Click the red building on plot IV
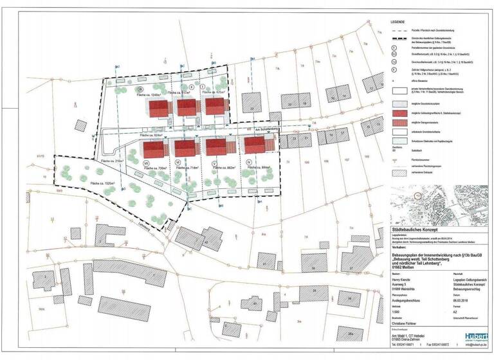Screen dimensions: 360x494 tap(255, 145)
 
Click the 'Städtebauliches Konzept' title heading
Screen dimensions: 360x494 tap(419, 228)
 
